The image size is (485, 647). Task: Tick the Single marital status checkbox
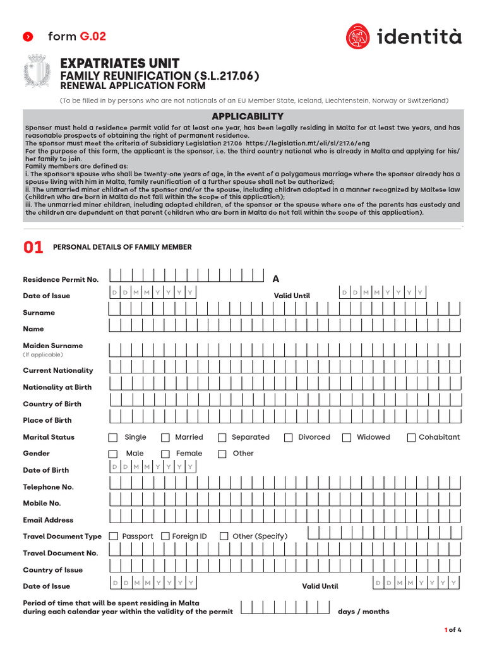point(113,437)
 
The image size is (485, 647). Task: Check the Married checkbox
point(165,437)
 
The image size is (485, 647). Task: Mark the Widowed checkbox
point(347,437)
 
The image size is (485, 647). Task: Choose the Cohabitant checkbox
point(411,437)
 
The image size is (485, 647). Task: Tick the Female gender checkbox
point(165,454)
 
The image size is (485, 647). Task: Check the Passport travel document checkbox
point(114,536)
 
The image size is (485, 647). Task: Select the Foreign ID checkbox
point(165,536)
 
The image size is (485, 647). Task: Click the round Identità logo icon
point(358,36)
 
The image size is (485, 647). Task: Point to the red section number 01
point(33,247)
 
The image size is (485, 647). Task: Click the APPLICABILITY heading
point(247,116)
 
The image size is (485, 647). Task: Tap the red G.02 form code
point(93,36)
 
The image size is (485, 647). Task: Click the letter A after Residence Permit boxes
point(275,279)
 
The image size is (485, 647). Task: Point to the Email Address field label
point(48,520)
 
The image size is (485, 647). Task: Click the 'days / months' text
point(364,611)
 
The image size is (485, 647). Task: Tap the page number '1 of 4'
point(453,629)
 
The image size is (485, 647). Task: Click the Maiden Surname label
point(53,346)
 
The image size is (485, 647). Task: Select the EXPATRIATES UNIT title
point(119,63)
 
